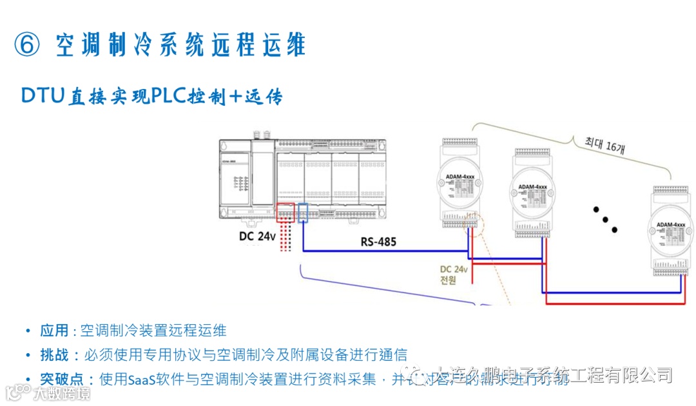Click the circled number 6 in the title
pos(27,44)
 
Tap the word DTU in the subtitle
pos(43,96)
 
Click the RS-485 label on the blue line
pos(378,242)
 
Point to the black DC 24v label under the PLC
pos(257,236)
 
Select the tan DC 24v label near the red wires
pos(455,269)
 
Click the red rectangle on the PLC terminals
pos(285,213)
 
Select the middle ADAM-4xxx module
pos(533,193)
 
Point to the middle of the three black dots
pos(605,219)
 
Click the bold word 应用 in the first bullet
pos(54,331)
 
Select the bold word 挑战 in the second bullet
pos(54,354)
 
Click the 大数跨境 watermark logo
pos(48,392)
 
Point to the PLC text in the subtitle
pos(168,96)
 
